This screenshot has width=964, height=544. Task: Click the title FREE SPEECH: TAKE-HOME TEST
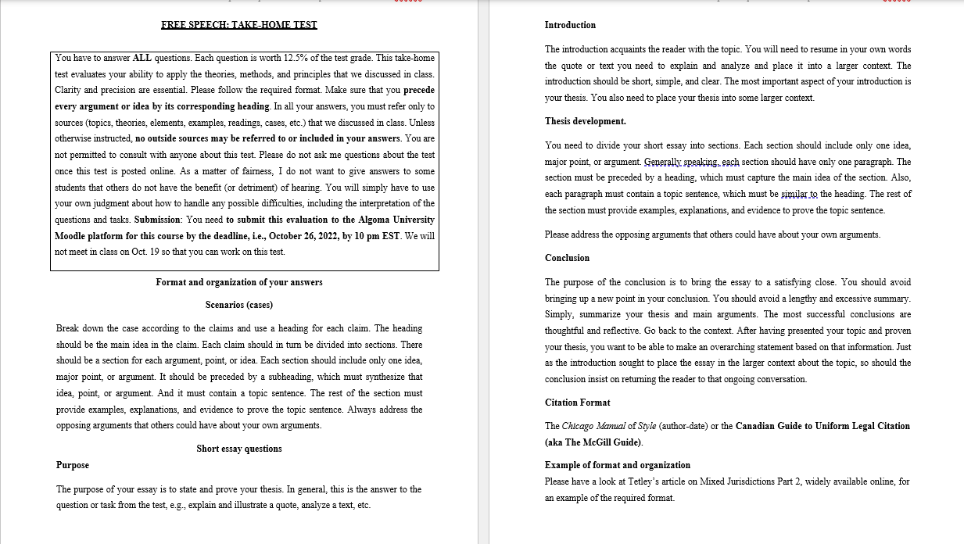point(239,25)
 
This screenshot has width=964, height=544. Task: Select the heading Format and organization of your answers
point(239,282)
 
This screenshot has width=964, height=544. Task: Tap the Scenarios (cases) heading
point(239,305)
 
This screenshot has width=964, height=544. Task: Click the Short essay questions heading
point(239,449)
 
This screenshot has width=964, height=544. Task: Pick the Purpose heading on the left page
point(73,465)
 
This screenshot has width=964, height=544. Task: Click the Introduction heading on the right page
point(570,25)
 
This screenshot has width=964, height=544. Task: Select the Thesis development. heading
point(585,121)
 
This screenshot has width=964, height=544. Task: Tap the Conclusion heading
point(567,258)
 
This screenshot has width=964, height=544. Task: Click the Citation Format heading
point(577,403)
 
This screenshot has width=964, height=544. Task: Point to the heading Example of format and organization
point(617,465)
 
